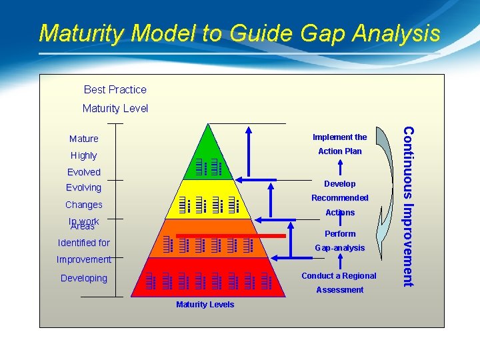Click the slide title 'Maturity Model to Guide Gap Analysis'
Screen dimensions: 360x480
tap(239, 33)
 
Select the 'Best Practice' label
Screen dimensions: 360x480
tap(115, 89)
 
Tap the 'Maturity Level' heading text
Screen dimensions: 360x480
tap(115, 108)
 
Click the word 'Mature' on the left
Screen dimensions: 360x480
tap(84, 139)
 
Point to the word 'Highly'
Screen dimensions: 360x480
tap(84, 155)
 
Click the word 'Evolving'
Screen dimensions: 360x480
tap(84, 188)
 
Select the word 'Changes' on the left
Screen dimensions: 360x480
tap(84, 205)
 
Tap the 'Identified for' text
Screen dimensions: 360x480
tap(84, 243)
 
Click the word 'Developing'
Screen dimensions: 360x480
tap(84, 278)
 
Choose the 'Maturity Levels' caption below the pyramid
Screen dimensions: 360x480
tap(205, 305)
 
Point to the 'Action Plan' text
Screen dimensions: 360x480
tap(340, 151)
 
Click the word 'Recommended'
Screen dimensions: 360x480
tap(340, 198)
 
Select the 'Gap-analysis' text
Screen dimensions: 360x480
tap(340, 248)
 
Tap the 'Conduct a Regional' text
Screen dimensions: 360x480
tap(339, 276)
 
